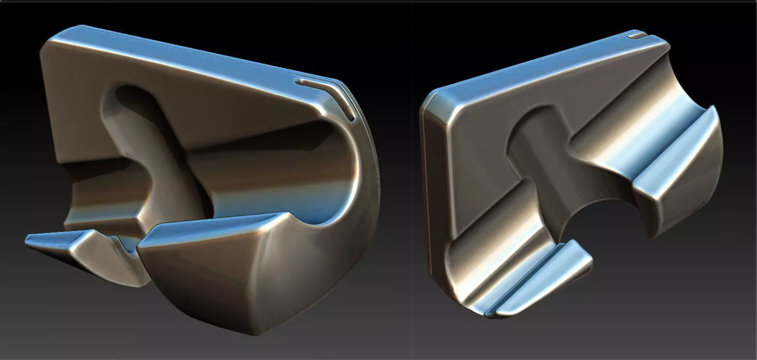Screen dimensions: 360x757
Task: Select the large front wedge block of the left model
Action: (x=218, y=259)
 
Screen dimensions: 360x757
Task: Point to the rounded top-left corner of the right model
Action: (x=435, y=98)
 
